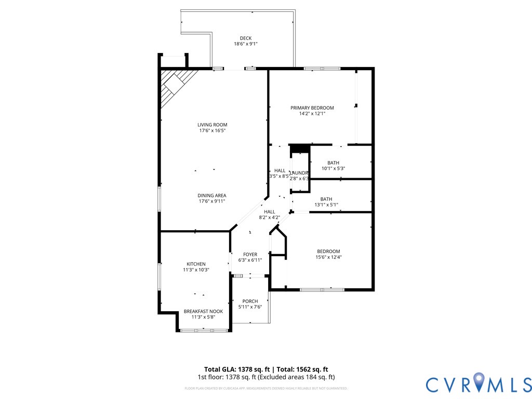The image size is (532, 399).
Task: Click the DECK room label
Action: coord(245,38)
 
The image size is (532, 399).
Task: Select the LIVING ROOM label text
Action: coord(212,125)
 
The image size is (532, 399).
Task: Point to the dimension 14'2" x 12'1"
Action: coord(312,113)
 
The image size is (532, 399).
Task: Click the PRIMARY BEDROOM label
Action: coord(312,108)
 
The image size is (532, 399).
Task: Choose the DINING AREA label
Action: coord(211,195)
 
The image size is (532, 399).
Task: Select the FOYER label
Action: coord(250,255)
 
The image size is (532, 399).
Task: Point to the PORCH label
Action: coord(250,301)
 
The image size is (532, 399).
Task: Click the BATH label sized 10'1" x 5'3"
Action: coord(333,163)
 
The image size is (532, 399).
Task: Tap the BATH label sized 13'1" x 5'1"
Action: coord(326,199)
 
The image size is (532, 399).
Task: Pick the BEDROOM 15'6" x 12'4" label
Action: coord(328,251)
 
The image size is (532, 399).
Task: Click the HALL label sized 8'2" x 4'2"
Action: coord(269,212)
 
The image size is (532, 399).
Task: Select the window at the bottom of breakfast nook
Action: coord(204,330)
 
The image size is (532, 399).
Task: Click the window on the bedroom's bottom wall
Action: coord(322,289)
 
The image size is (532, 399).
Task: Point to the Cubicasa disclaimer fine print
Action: coord(265,388)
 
